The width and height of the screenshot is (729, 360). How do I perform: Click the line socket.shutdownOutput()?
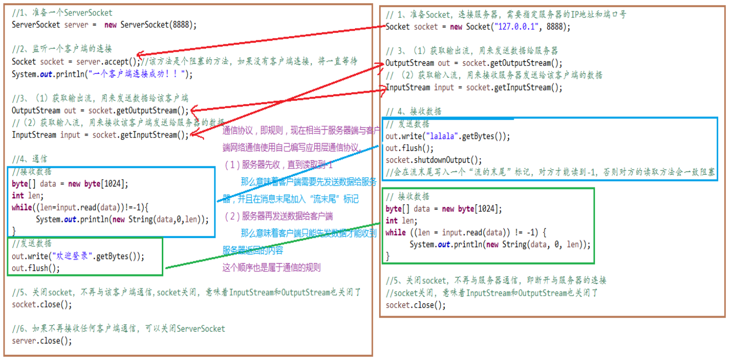tap(434, 160)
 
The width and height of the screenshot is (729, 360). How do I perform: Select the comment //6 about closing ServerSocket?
tap(118, 329)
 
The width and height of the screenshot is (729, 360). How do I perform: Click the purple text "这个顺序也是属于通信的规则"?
tap(272, 267)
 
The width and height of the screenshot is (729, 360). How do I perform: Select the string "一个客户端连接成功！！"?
tap(138, 74)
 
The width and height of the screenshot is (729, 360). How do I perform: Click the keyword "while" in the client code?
tap(396, 232)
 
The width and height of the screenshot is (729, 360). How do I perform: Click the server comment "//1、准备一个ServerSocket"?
tap(62, 13)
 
